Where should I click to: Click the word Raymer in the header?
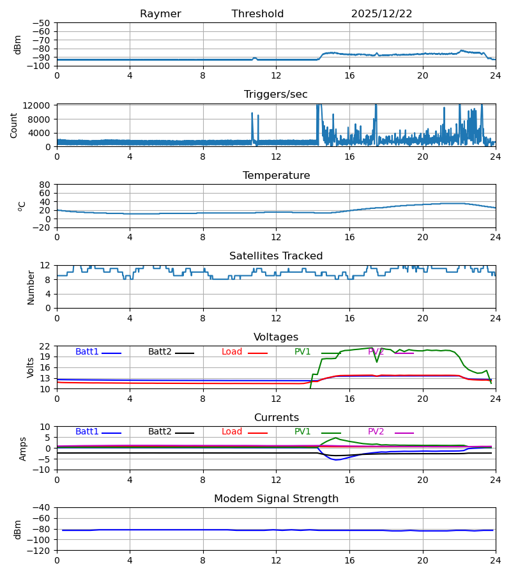(160, 14)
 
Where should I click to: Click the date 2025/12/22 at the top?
(381, 14)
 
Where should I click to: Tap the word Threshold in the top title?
(257, 14)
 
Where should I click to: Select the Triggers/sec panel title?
(275, 95)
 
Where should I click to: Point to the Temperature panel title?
(276, 176)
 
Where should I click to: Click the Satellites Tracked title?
(276, 256)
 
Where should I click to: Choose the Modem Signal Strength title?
(276, 499)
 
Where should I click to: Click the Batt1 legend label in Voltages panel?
(87, 352)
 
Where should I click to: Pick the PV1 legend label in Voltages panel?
(302, 352)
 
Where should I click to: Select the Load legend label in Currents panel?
(232, 432)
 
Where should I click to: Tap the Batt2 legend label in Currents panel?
(160, 432)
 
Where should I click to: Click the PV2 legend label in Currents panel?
(376, 432)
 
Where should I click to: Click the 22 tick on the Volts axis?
(45, 346)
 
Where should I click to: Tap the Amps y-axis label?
(24, 448)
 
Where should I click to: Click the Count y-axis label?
(14, 125)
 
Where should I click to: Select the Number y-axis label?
(31, 287)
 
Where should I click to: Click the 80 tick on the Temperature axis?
(45, 185)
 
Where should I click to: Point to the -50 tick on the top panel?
(43, 23)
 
